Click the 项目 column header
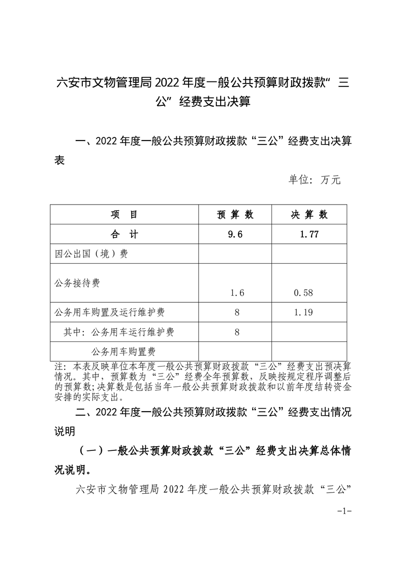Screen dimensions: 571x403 point(124,215)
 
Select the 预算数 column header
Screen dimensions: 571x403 point(235,215)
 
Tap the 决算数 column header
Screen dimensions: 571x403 point(309,215)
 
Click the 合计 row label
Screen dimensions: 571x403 point(124,234)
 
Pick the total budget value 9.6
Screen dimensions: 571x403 point(235,234)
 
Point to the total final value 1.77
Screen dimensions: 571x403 point(309,234)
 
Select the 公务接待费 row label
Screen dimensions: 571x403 point(77,282)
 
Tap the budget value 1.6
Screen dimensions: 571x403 point(237,293)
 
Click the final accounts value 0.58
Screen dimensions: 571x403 point(303,293)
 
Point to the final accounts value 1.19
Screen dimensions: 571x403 point(303,312)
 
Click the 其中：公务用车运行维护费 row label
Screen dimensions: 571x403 point(118,332)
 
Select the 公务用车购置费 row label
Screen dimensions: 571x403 point(123,351)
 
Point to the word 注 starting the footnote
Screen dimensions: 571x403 point(58,366)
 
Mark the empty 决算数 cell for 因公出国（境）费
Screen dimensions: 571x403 point(309,253)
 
